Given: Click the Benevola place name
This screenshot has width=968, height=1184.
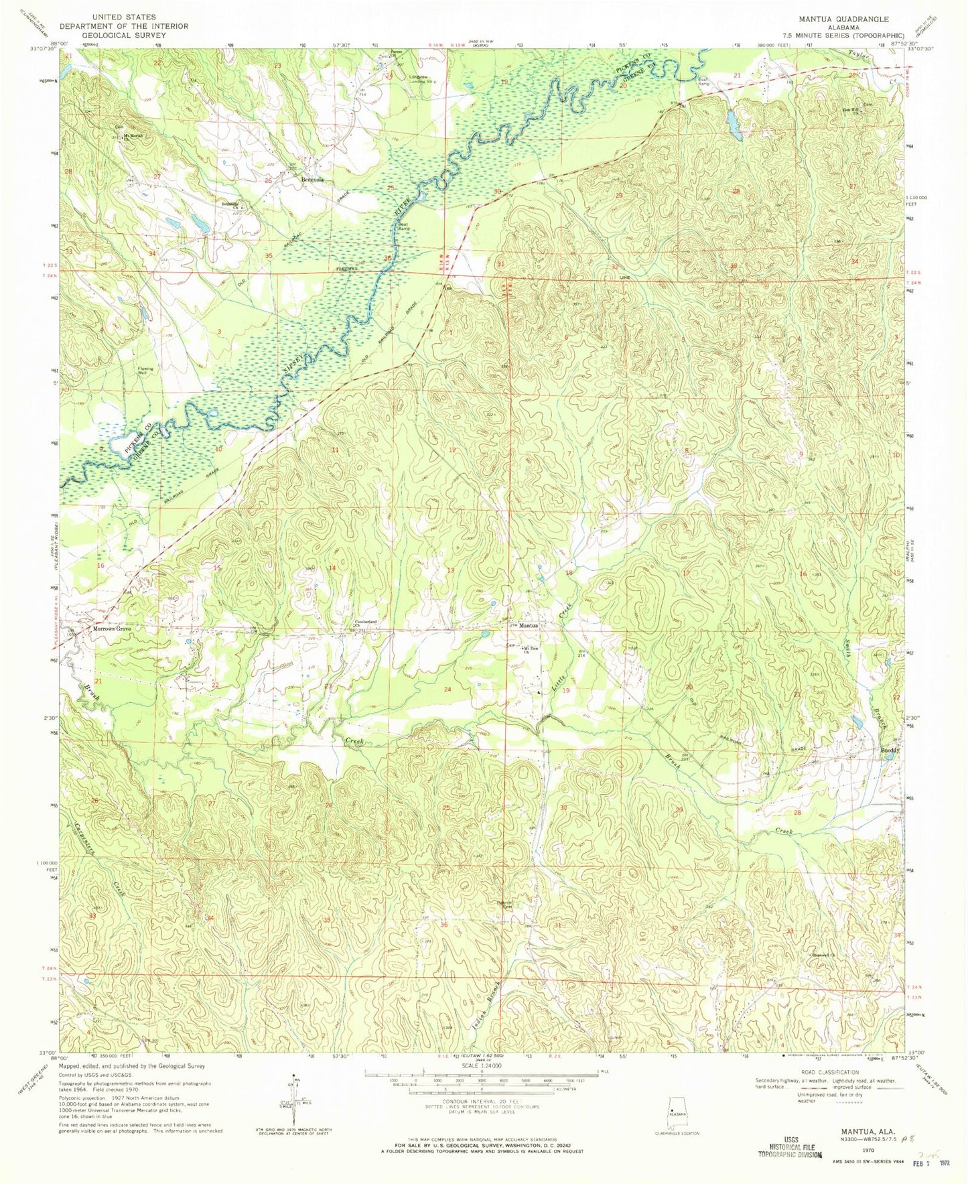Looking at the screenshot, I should (312, 180).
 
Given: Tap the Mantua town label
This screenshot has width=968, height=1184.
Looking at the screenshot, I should (530, 625).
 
